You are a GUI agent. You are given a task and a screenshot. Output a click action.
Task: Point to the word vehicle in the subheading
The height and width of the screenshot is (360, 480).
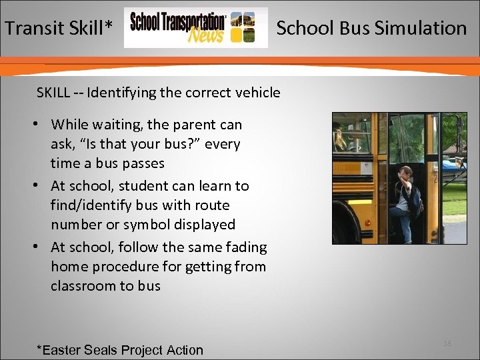click(x=256, y=93)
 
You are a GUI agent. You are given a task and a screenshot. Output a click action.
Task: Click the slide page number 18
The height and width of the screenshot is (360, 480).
click(x=447, y=343)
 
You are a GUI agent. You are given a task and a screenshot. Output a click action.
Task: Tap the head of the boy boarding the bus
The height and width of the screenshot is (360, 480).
click(x=404, y=172)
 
